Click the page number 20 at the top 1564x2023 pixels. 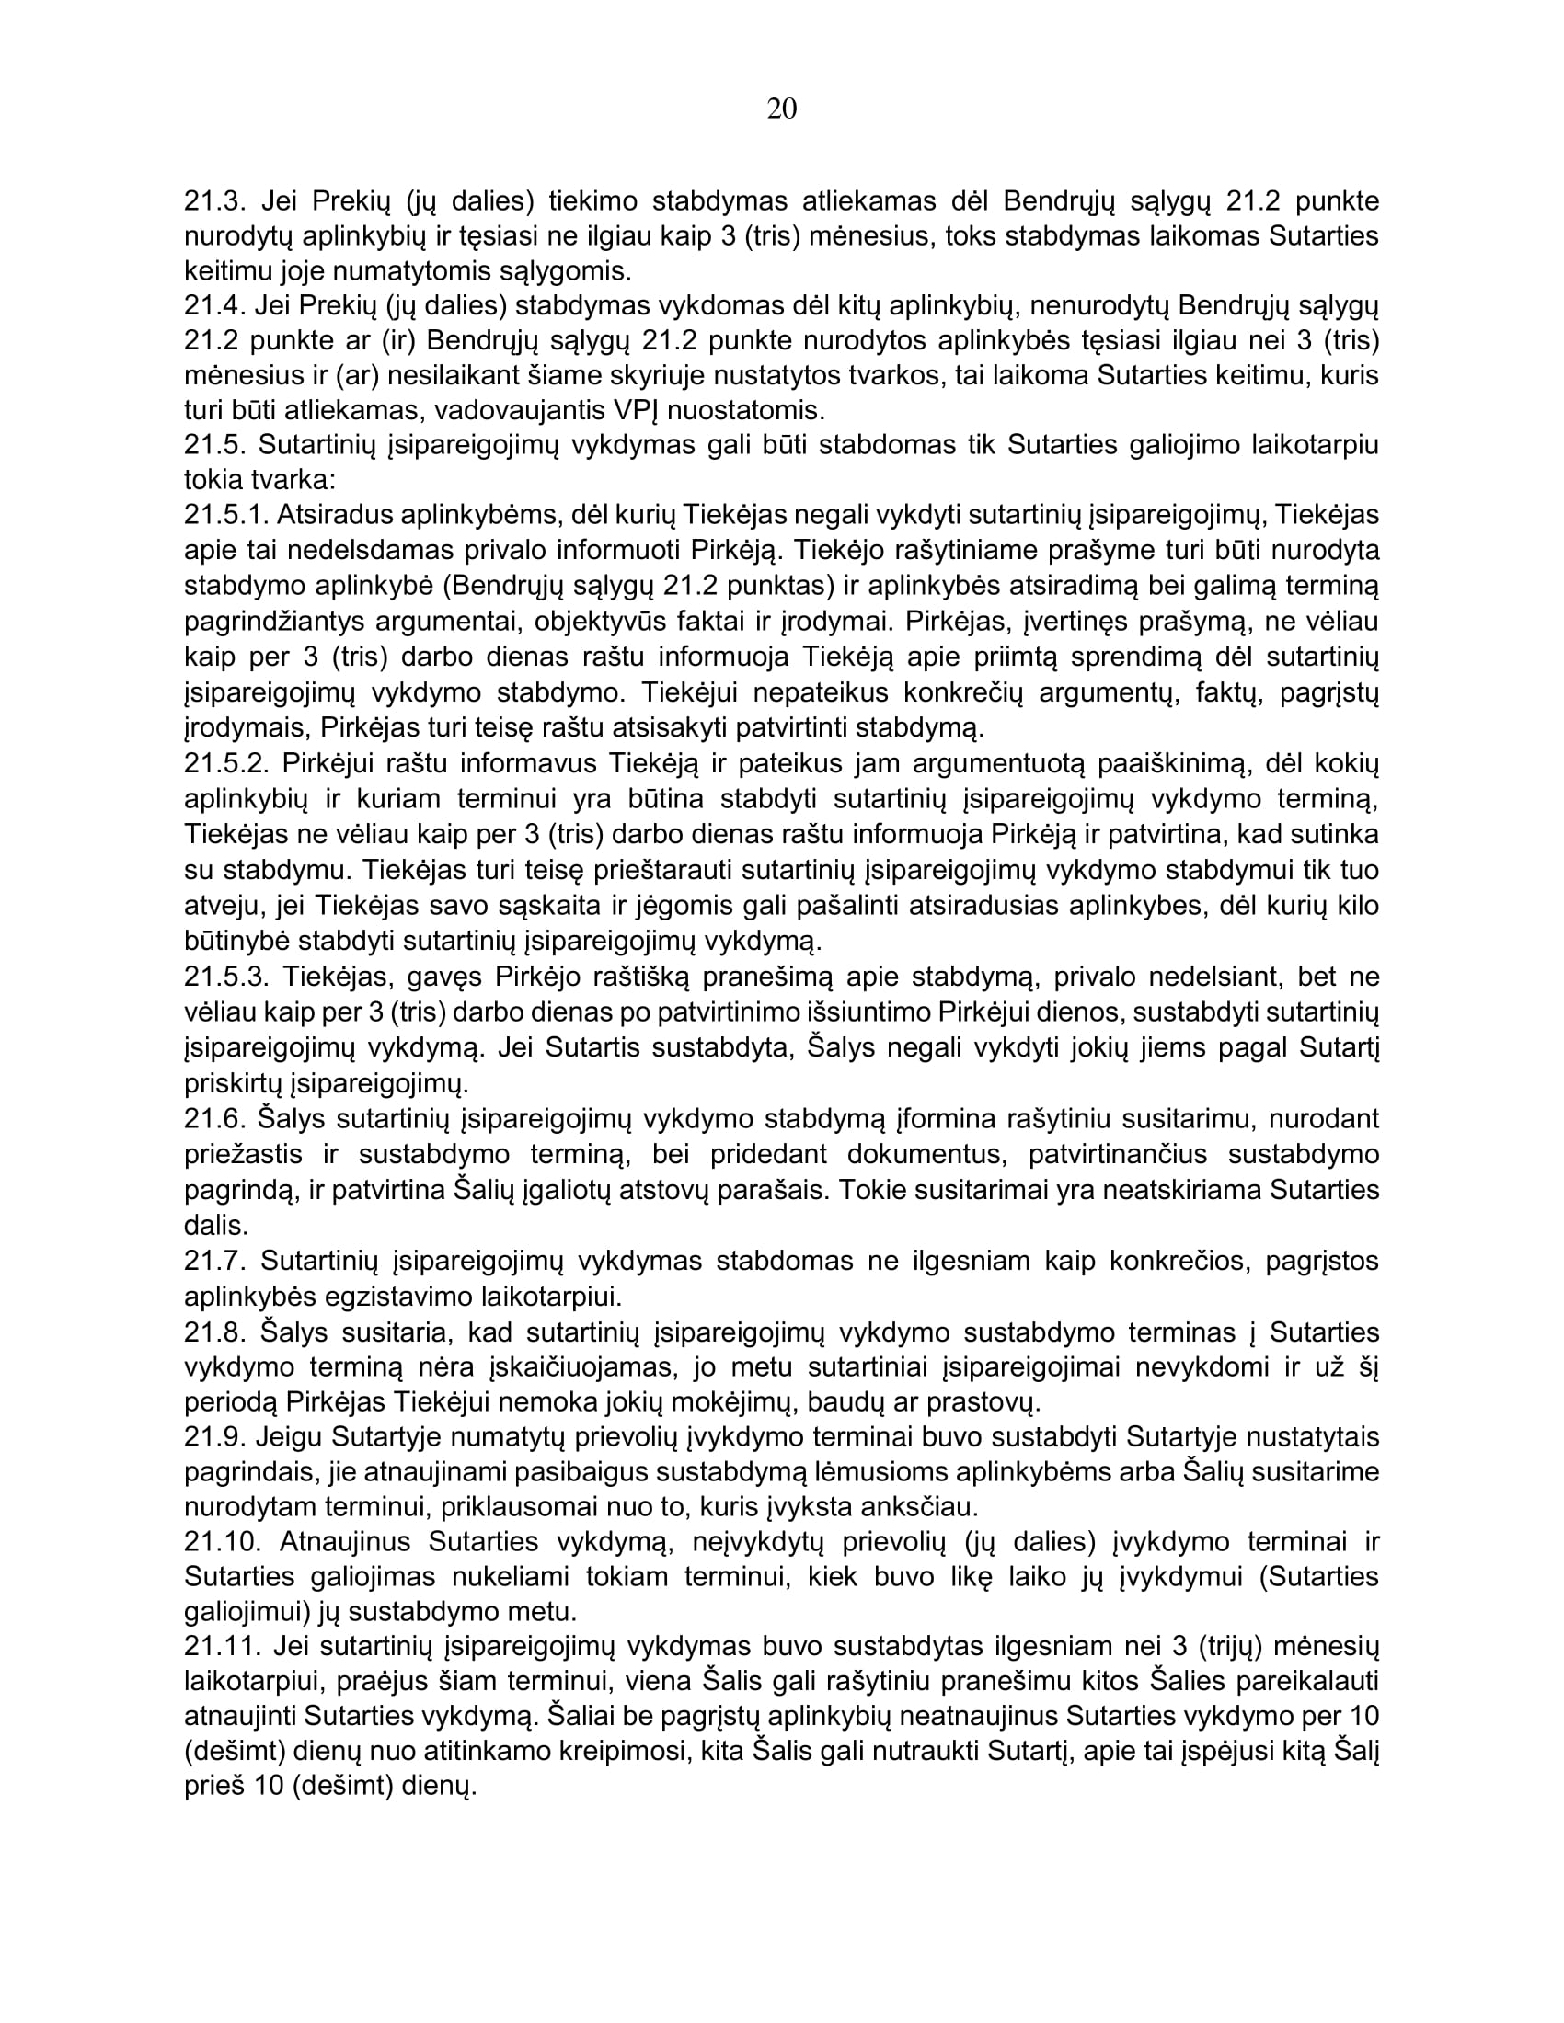[781, 109]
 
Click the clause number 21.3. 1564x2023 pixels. [213, 201]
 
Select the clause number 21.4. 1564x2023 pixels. [213, 305]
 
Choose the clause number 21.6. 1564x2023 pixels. [213, 1119]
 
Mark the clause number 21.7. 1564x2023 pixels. [213, 1262]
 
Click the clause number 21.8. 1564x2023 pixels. [213, 1333]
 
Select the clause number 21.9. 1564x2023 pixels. [213, 1437]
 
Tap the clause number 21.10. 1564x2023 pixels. [220, 1542]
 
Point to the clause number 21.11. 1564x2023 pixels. [219, 1647]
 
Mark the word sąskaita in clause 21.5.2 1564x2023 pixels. [504, 906]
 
